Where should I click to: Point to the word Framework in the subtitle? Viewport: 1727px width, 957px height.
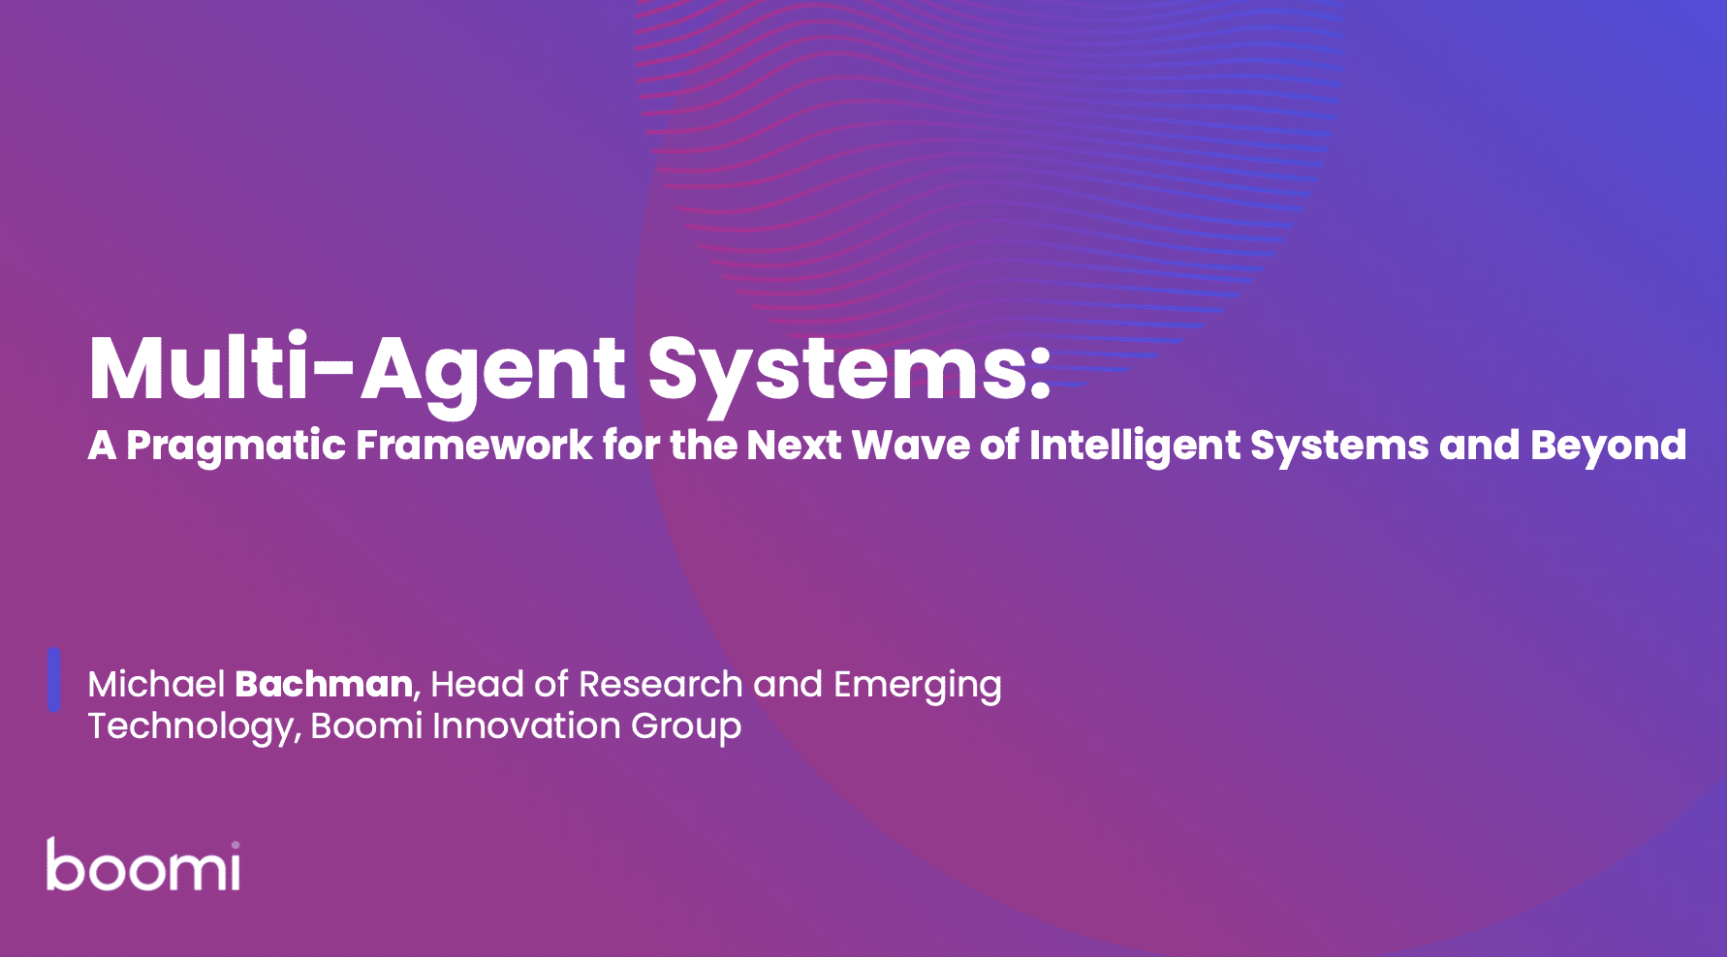pos(475,446)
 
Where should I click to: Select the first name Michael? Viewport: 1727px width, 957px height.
pos(156,685)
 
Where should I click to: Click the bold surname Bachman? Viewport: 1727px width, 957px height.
pos(324,685)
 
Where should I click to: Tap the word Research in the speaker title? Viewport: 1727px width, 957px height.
pos(661,685)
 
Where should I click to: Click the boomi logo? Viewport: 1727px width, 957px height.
pos(143,865)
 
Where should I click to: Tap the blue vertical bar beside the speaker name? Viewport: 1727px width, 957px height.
pos(54,680)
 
